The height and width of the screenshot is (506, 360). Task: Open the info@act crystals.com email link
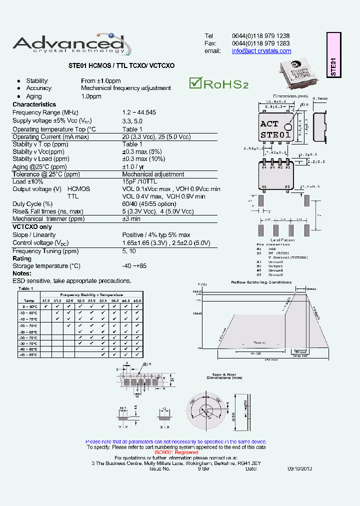pyautogui.click(x=261, y=51)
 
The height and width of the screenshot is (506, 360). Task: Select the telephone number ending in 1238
pyautogui.click(x=260, y=36)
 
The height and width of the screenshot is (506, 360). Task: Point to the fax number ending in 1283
pyautogui.click(x=260, y=43)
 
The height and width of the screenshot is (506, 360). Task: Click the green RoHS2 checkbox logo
pyautogui.click(x=218, y=83)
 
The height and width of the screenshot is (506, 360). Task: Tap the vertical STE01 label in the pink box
pyautogui.click(x=333, y=66)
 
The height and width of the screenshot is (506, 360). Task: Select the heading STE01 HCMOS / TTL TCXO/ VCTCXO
pyautogui.click(x=121, y=65)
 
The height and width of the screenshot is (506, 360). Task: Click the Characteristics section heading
pyautogui.click(x=34, y=104)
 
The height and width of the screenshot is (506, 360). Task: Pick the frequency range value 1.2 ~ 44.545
pyautogui.click(x=139, y=112)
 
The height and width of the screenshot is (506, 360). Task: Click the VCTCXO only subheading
pyautogui.click(x=31, y=226)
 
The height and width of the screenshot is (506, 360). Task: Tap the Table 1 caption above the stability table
pyautogui.click(x=25, y=288)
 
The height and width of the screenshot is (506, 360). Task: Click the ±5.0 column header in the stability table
pyautogui.click(x=137, y=300)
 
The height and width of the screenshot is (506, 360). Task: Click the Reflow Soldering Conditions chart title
pyautogui.click(x=261, y=282)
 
